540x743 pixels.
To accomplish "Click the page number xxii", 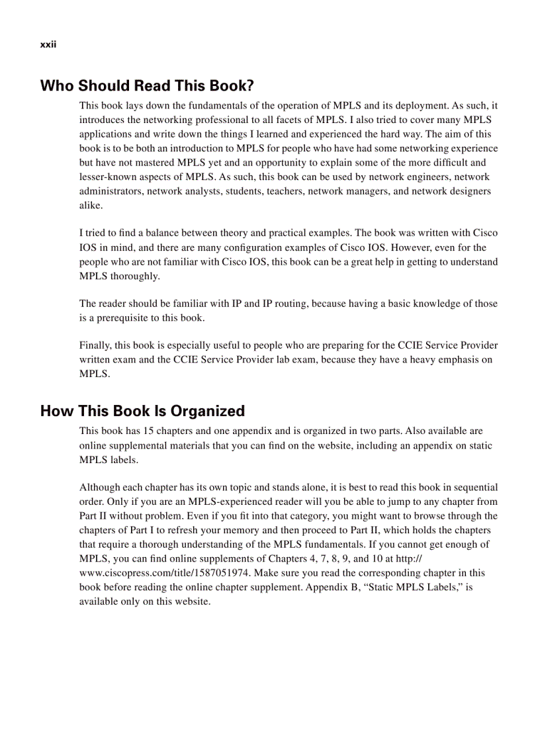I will pyautogui.click(x=48, y=44).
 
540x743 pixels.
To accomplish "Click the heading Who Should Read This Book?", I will pyautogui.click(x=147, y=86).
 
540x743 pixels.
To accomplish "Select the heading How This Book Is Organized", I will pyautogui.click(x=142, y=411).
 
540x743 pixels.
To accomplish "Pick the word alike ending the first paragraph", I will pyautogui.click(x=91, y=206).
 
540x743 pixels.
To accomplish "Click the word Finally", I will pyautogui.click(x=96, y=345).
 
